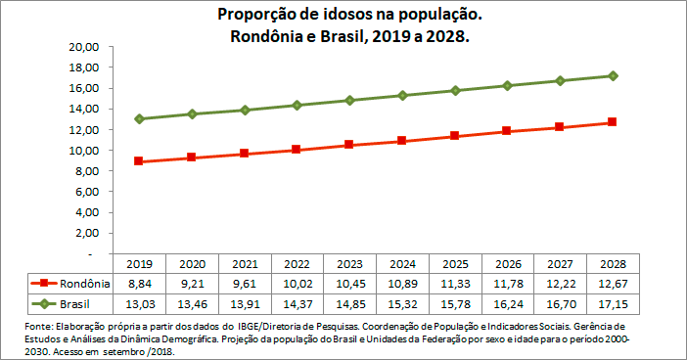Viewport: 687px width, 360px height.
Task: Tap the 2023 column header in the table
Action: tap(348, 263)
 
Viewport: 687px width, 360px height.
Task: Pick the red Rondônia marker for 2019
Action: tap(139, 161)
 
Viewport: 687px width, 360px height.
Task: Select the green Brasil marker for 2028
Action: tap(613, 75)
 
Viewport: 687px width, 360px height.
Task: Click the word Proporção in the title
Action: tap(256, 17)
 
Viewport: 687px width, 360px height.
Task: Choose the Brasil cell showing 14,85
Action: tap(348, 303)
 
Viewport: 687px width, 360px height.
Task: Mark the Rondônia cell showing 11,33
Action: tap(454, 283)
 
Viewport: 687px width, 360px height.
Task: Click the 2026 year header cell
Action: tap(507, 263)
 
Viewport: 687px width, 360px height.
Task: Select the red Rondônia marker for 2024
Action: tap(402, 141)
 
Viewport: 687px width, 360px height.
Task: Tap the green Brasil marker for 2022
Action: tap(297, 105)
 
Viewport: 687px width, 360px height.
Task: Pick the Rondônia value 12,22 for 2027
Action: tap(560, 283)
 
